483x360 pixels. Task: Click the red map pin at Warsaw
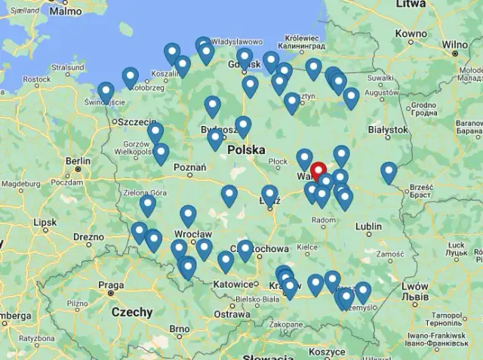[x=318, y=171]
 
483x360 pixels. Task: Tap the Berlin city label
[x=78, y=161]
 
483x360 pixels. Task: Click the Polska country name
[x=246, y=150]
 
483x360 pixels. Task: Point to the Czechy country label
[x=131, y=312]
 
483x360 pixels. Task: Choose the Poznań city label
[x=190, y=168]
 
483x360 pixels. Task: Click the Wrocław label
[x=187, y=234]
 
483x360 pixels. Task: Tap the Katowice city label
[x=233, y=285]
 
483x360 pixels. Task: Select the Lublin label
[x=369, y=226]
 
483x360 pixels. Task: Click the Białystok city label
[x=387, y=130]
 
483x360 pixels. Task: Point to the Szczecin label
[x=137, y=122]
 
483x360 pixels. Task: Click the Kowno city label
[x=411, y=34]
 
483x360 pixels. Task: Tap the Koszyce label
[x=327, y=352]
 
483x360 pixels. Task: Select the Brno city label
[x=180, y=329]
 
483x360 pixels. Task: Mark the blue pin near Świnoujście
[x=106, y=91]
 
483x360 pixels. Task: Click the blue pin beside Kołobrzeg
[x=131, y=76]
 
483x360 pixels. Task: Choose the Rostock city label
[x=36, y=79]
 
